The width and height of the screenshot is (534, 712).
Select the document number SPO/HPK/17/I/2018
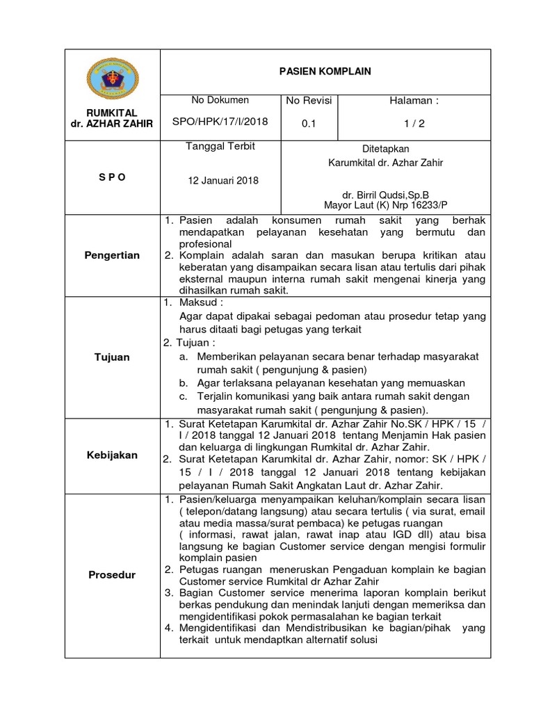(x=220, y=122)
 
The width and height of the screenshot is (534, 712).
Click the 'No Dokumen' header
(x=220, y=101)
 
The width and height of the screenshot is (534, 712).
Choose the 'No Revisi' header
(x=309, y=101)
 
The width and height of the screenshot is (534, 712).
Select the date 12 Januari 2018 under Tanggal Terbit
(x=223, y=181)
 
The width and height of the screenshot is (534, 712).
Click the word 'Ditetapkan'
(x=386, y=149)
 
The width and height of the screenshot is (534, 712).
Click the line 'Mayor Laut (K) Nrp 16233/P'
(x=386, y=205)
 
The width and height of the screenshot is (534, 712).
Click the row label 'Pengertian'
(x=111, y=255)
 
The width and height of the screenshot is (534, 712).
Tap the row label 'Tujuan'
(x=111, y=357)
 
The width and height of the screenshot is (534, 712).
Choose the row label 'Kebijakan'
(x=111, y=455)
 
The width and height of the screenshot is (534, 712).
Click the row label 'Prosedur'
(x=111, y=575)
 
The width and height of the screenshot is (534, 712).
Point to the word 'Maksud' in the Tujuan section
(x=198, y=304)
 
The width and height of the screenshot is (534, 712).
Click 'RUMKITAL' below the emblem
(x=111, y=113)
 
